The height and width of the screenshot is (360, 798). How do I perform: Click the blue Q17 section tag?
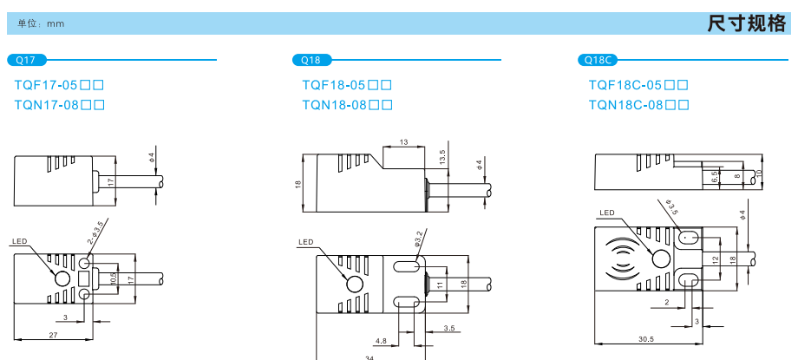[x=27, y=60]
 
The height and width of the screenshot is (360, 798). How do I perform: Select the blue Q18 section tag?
[x=311, y=60]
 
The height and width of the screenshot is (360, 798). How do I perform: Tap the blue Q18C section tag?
[x=598, y=60]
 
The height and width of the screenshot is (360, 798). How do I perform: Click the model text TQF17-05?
[x=49, y=85]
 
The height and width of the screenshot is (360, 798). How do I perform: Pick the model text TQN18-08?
[x=334, y=106]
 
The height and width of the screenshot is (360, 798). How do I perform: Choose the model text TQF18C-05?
[x=626, y=85]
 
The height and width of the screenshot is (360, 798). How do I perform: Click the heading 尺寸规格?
[x=746, y=24]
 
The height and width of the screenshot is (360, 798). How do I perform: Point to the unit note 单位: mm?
[x=42, y=24]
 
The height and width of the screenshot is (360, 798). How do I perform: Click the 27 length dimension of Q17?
[x=53, y=335]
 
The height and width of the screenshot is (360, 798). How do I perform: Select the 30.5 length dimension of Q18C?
[x=646, y=339]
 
